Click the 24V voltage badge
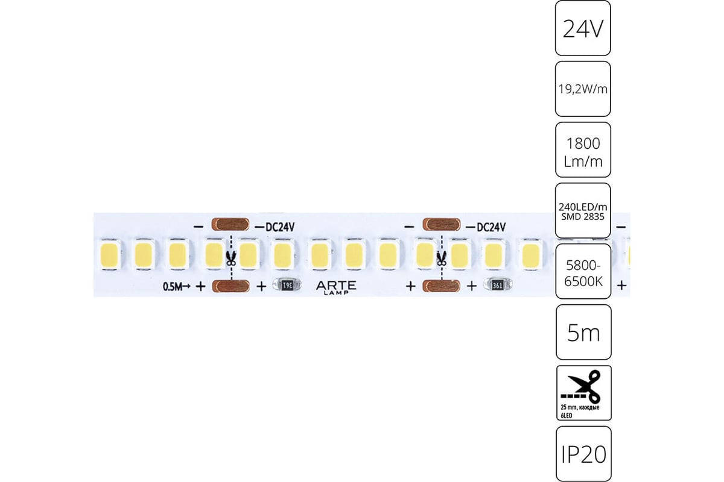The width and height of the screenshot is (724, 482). tap(583, 28)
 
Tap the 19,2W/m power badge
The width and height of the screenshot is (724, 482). tap(583, 89)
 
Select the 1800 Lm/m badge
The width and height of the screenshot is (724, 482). tap(583, 150)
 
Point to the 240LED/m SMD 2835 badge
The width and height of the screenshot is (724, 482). tap(583, 210)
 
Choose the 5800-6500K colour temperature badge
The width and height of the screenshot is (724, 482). tap(583, 271)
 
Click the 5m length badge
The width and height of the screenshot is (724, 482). tap(584, 332)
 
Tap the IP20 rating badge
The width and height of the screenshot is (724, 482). tap(584, 454)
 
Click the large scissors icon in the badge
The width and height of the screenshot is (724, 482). tap(581, 387)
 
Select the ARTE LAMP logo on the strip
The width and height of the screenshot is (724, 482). tap(336, 287)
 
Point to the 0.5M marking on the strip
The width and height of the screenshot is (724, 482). tap(173, 286)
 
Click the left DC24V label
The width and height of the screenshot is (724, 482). tap(280, 227)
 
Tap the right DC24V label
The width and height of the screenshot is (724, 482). tap(491, 227)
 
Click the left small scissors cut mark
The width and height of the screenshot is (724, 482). tap(231, 258)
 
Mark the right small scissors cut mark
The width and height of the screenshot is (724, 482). tap(442, 258)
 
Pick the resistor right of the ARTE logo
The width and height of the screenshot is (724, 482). tap(497, 285)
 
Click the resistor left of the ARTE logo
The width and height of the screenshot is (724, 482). tap(287, 285)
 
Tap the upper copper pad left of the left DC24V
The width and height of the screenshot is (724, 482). tap(230, 224)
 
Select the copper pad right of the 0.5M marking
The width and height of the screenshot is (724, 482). tap(230, 286)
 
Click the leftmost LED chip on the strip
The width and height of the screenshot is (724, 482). tap(109, 254)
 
